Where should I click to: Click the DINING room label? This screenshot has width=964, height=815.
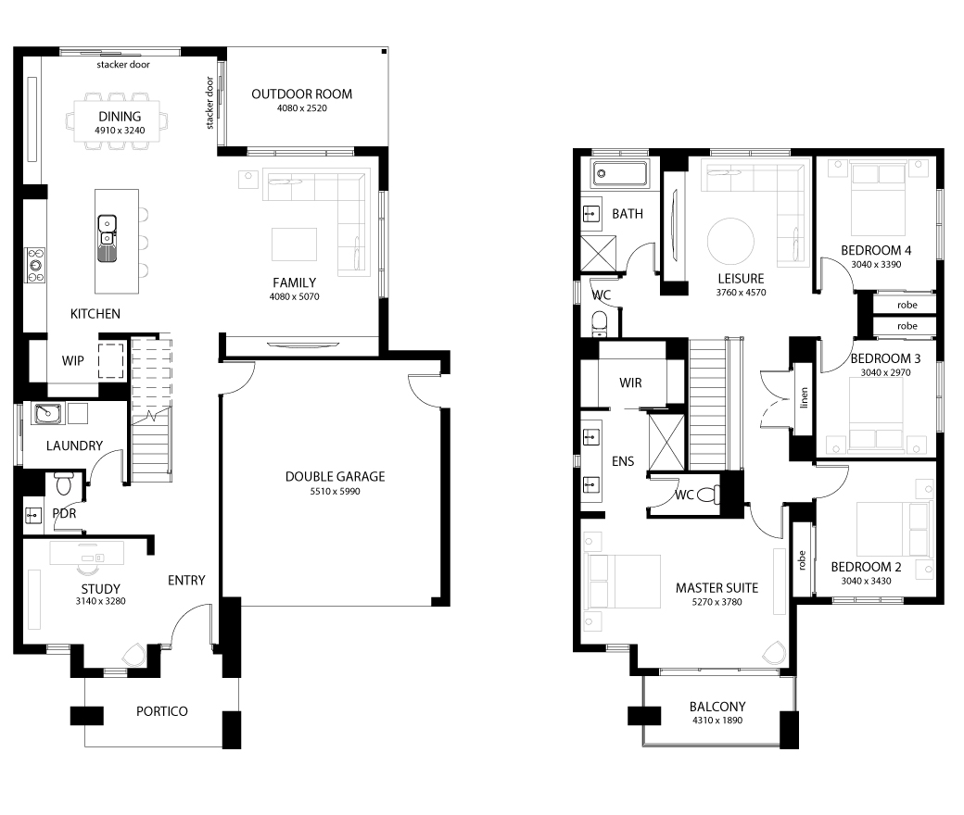click(120, 117)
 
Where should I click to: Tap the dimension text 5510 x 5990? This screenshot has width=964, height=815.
click(335, 492)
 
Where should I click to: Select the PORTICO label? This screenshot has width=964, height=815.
click(162, 711)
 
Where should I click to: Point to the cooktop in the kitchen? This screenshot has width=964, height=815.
click(35, 265)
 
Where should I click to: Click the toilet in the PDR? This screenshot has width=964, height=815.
click(64, 483)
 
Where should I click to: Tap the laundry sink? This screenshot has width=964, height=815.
click(47, 414)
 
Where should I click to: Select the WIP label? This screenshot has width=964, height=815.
click(72, 361)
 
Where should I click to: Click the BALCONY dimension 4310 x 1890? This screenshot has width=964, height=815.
click(717, 721)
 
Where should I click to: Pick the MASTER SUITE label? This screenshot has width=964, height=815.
click(717, 588)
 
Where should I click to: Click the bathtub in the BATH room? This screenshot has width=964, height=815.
click(620, 174)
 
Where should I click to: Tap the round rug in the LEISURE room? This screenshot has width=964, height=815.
click(730, 242)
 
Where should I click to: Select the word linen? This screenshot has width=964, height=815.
click(804, 398)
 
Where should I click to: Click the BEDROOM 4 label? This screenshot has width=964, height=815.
click(876, 251)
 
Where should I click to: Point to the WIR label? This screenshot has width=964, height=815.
click(631, 383)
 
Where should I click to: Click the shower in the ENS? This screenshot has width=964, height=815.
click(666, 442)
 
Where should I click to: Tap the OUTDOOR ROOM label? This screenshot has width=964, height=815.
click(302, 94)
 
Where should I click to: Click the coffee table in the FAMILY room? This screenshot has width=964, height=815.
click(295, 244)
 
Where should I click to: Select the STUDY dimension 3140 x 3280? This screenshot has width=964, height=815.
click(100, 601)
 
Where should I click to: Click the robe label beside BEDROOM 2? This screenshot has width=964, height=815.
click(801, 560)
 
